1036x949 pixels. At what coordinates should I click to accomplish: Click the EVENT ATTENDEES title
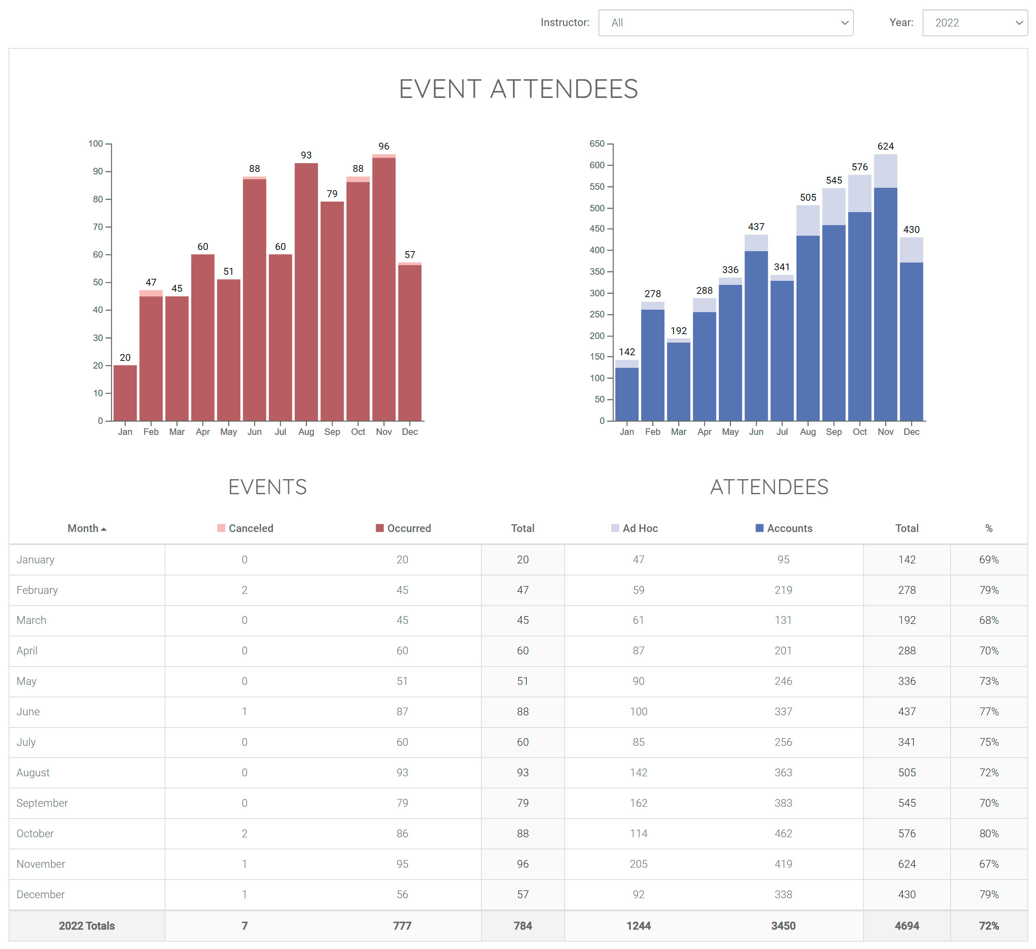tap(518, 89)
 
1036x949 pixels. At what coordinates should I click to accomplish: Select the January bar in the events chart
tap(125, 393)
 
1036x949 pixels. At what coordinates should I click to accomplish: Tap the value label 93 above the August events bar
tap(306, 155)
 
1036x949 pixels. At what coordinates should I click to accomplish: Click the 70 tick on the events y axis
tap(98, 227)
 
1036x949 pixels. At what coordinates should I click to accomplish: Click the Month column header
tap(83, 528)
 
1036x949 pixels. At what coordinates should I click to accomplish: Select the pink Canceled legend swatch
tap(221, 528)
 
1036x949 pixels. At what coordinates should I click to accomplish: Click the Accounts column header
tap(789, 528)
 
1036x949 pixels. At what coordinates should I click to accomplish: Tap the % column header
tap(988, 528)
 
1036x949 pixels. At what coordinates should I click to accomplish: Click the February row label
tap(37, 590)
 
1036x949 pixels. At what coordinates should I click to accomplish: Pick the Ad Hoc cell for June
tap(638, 712)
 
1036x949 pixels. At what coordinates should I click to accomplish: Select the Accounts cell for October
tap(783, 834)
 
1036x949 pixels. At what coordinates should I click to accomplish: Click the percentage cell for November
tap(988, 864)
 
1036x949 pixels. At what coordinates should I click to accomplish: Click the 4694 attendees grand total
tap(907, 926)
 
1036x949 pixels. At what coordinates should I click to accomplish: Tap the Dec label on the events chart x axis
tap(409, 432)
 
